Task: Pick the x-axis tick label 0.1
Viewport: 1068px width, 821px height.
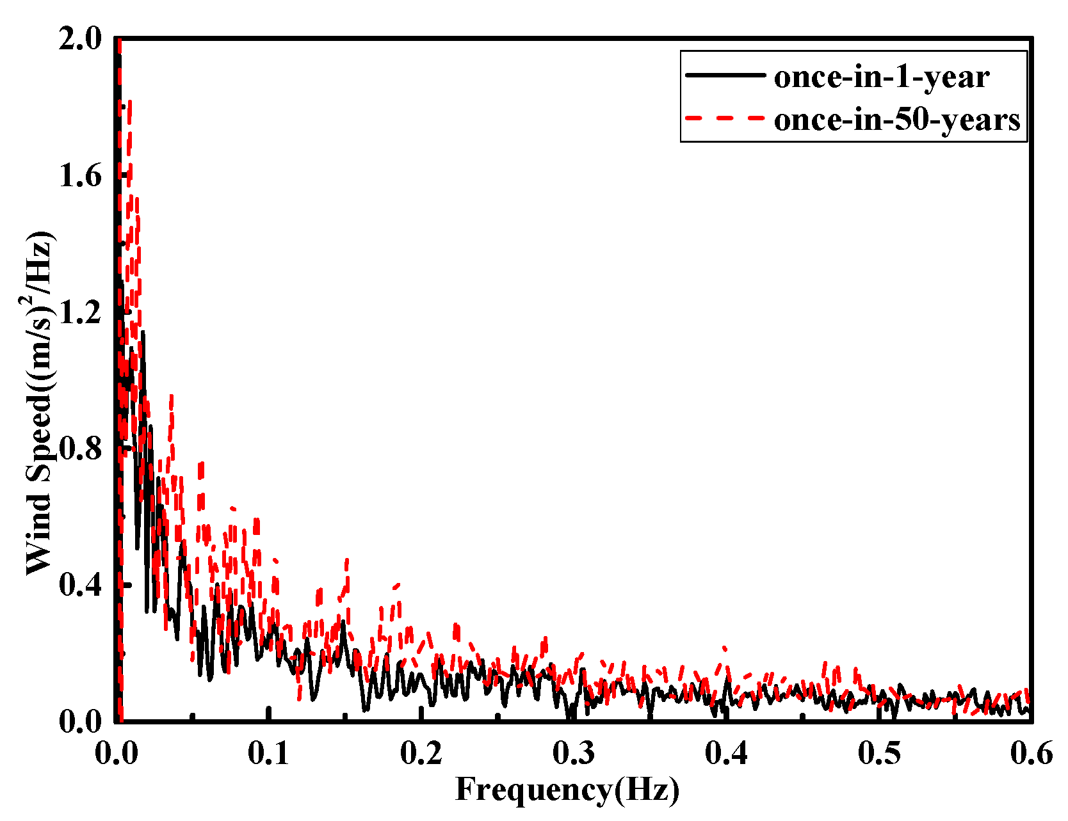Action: (269, 754)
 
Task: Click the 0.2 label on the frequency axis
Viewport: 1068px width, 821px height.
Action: (421, 754)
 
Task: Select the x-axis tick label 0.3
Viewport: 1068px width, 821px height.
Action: (574, 754)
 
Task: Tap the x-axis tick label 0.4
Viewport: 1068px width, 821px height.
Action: (726, 754)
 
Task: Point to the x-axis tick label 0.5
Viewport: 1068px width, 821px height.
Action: (878, 754)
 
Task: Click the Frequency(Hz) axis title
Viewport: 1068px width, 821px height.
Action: (567, 789)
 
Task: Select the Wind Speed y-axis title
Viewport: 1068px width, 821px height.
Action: (40, 403)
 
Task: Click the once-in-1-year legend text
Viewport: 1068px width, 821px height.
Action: (882, 77)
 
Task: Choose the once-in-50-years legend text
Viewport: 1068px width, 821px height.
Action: (896, 120)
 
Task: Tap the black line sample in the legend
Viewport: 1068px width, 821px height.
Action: (725, 75)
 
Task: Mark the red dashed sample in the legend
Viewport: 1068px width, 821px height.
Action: (725, 118)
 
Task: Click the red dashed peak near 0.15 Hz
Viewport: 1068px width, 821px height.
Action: (347, 561)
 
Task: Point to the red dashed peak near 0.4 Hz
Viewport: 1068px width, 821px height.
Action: (724, 648)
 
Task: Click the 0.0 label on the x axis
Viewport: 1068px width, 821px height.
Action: (116, 754)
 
